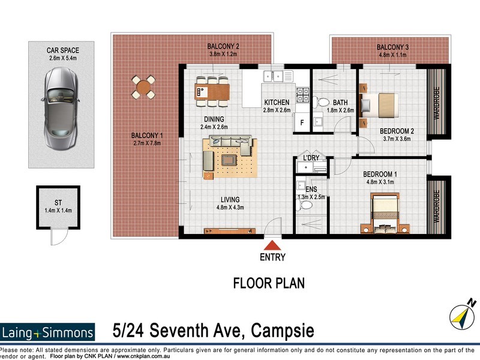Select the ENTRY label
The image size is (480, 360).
(273, 257)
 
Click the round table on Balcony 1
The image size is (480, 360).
(143, 88)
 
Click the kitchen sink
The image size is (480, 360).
(277, 76)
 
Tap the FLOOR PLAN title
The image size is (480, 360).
(269, 283)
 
